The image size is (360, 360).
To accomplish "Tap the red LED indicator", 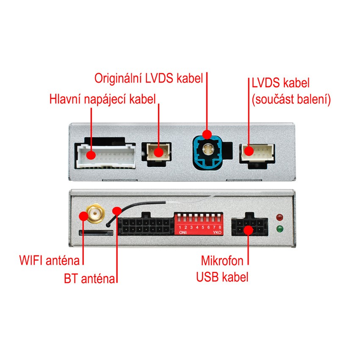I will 279,218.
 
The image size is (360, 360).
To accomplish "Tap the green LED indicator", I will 279,230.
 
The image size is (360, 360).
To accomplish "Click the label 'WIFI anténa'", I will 50,259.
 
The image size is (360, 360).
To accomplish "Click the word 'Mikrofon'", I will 222,259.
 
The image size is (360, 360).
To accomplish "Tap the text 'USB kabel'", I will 222,277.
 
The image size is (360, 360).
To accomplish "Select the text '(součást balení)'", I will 291,100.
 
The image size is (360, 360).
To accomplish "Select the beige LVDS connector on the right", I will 257,152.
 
